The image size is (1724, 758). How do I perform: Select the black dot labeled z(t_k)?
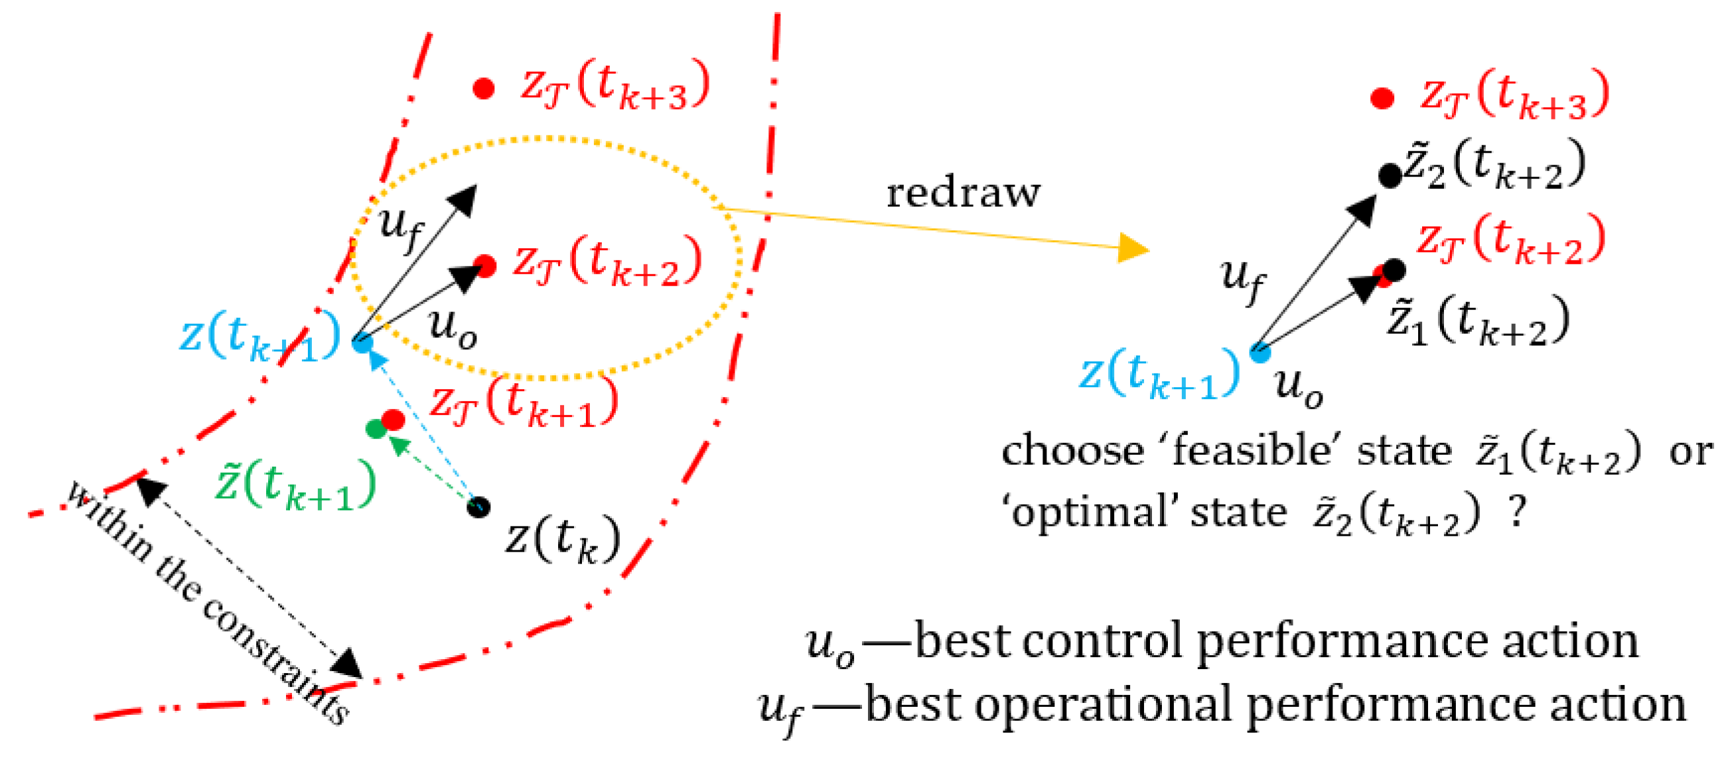coord(478,507)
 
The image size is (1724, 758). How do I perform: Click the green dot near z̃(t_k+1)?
coord(376,429)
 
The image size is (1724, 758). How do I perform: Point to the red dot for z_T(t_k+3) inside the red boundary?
coord(483,88)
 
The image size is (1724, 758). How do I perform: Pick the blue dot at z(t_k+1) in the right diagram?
coord(1259,352)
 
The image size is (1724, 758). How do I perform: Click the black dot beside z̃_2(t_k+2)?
coord(1390,175)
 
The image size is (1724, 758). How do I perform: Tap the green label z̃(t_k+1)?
coord(295,485)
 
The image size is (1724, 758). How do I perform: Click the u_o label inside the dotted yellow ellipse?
coord(453,328)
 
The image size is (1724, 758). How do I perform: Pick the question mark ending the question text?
coord(1517,513)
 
